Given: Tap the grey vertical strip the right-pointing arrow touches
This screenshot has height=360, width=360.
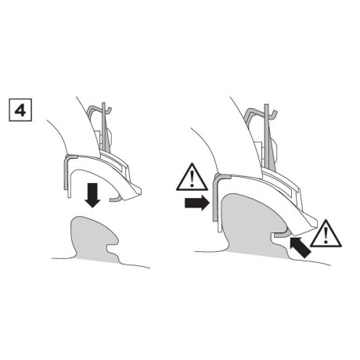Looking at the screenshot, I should click(x=217, y=205).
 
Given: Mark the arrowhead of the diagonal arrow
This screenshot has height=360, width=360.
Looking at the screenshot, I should click(x=292, y=243).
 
